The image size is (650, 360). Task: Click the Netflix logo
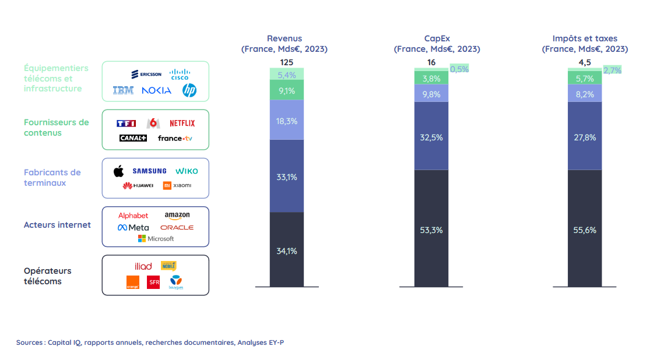point(182,123)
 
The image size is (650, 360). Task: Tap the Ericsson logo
point(146,74)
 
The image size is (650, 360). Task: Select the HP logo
point(189,90)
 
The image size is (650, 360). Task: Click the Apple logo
point(119,171)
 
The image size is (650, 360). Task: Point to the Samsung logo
point(149,171)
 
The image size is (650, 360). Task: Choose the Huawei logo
point(138,185)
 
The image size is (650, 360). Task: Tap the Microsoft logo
point(156,238)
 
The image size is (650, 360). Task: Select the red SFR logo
point(153,282)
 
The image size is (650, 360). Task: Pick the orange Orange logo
point(132,282)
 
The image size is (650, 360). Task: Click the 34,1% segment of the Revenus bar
point(287,251)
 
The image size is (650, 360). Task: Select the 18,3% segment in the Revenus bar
point(287,121)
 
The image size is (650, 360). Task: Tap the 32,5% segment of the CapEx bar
point(431,137)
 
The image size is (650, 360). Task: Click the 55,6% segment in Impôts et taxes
point(585,230)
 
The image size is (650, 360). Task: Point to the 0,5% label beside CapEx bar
point(459,69)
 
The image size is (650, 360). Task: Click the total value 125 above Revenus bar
point(286,62)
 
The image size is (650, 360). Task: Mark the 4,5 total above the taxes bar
point(585,62)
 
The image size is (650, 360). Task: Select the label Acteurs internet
point(57,225)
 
